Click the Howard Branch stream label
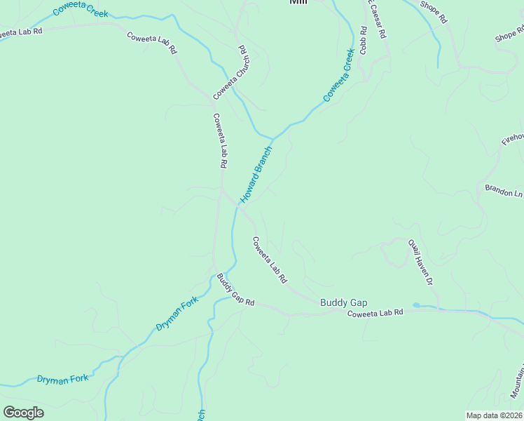pos(256,175)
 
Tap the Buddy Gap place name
pos(343,302)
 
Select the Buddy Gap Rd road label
pos(235,289)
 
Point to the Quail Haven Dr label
pos(422,262)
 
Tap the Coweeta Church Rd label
pos(232,72)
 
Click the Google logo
pos(23,412)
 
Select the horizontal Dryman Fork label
pos(64,378)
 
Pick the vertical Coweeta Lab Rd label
pos(220,140)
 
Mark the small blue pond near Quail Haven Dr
pos(417,305)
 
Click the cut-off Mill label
pos(298,2)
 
